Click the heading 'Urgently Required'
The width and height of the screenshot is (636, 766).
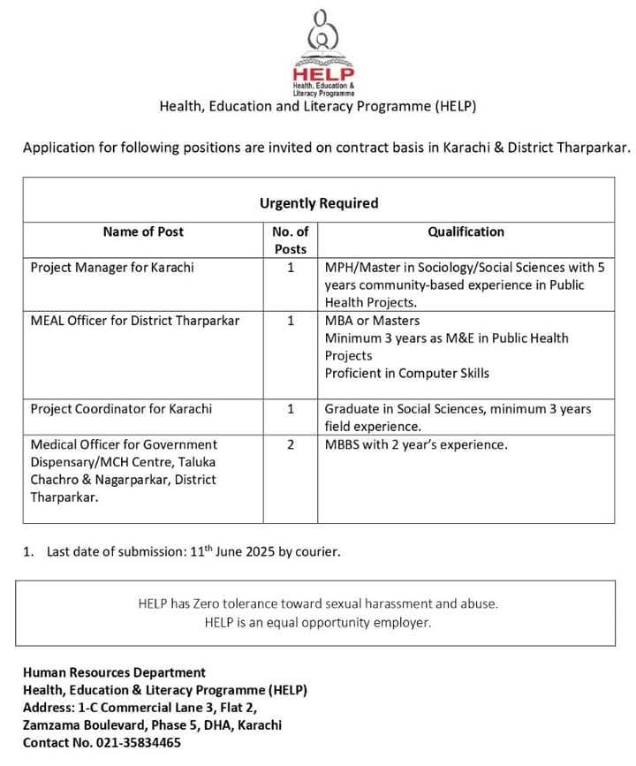318,203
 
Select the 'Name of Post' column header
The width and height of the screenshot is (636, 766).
143,231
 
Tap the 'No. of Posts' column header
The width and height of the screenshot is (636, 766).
290,240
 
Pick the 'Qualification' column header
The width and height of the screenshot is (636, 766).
466,231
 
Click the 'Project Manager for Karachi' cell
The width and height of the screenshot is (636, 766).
112,267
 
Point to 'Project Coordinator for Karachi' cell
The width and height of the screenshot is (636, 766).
121,409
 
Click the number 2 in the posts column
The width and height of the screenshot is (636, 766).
291,444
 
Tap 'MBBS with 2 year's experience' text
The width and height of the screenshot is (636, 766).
416,444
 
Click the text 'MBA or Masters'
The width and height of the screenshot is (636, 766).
372,320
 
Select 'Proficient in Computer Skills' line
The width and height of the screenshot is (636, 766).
406,373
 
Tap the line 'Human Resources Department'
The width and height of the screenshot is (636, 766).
114,672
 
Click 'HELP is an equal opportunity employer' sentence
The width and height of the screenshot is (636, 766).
318,623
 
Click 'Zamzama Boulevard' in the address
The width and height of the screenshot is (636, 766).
77,725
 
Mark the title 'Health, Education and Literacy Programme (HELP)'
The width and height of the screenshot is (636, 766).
318,107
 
